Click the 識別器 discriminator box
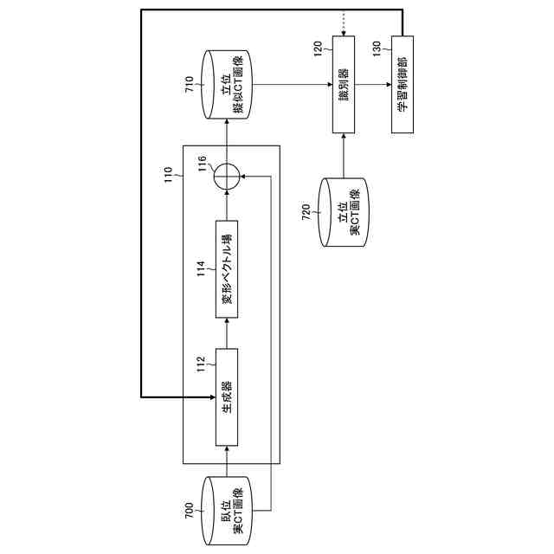(345, 87)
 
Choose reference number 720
(307, 213)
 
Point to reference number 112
(203, 365)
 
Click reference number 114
(203, 267)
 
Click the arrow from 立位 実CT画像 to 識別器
(345, 156)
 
